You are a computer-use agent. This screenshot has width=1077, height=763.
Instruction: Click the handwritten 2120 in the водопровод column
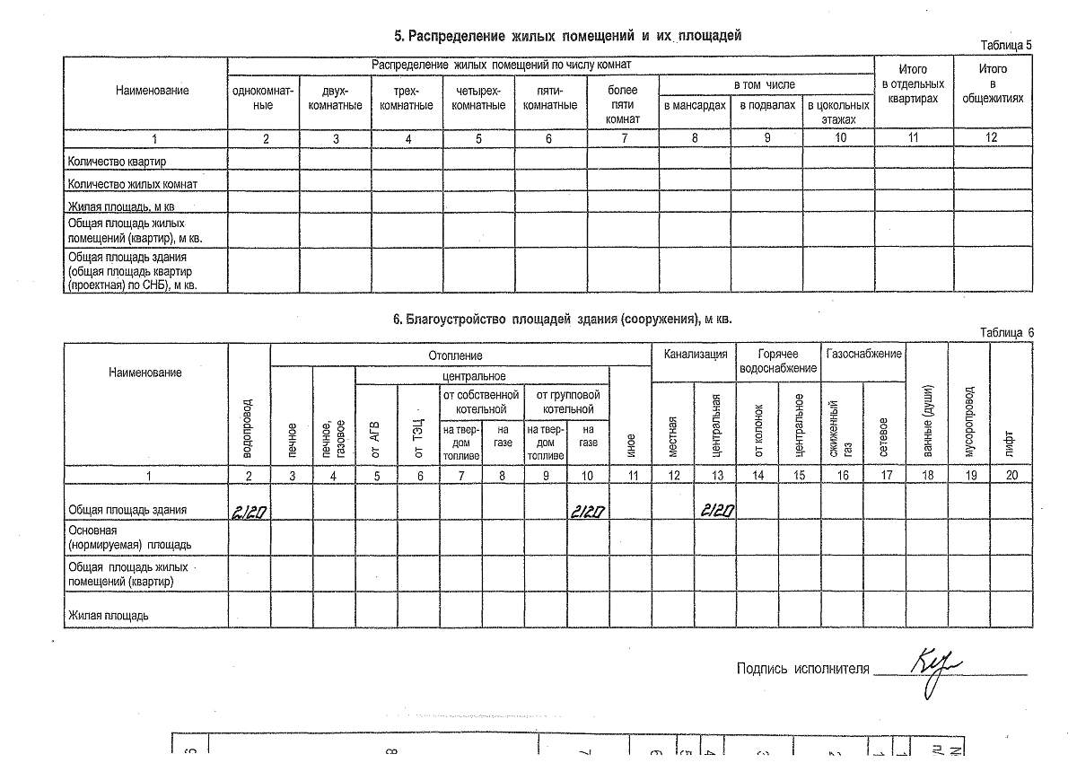tap(248, 511)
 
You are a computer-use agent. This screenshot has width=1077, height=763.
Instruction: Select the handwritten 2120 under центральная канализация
tap(718, 511)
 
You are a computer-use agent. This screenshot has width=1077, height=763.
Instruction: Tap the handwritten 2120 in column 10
tap(587, 511)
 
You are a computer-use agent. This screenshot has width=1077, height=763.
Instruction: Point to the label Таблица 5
tap(1006, 45)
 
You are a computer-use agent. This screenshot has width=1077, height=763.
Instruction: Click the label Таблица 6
tap(1006, 332)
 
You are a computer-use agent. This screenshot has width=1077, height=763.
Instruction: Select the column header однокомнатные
tap(263, 98)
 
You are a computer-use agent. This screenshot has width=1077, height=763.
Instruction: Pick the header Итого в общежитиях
tap(992, 83)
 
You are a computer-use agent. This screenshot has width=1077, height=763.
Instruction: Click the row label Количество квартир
tap(118, 161)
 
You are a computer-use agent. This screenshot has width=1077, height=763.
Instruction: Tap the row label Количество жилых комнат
tap(133, 183)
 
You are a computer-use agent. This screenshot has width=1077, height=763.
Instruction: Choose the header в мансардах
tap(695, 105)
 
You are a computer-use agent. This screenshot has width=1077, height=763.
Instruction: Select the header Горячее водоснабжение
tap(778, 361)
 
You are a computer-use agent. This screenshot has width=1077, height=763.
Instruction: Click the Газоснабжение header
tap(862, 354)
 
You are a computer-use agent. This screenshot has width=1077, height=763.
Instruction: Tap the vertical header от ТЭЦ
tap(419, 435)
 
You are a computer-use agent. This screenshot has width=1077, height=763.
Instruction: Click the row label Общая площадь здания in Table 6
tap(127, 510)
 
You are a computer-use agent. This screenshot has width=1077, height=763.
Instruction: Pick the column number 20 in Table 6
tap(1011, 475)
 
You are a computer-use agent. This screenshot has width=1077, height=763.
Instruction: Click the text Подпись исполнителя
tap(802, 668)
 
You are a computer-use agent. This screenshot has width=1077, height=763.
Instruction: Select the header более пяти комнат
tap(623, 104)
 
